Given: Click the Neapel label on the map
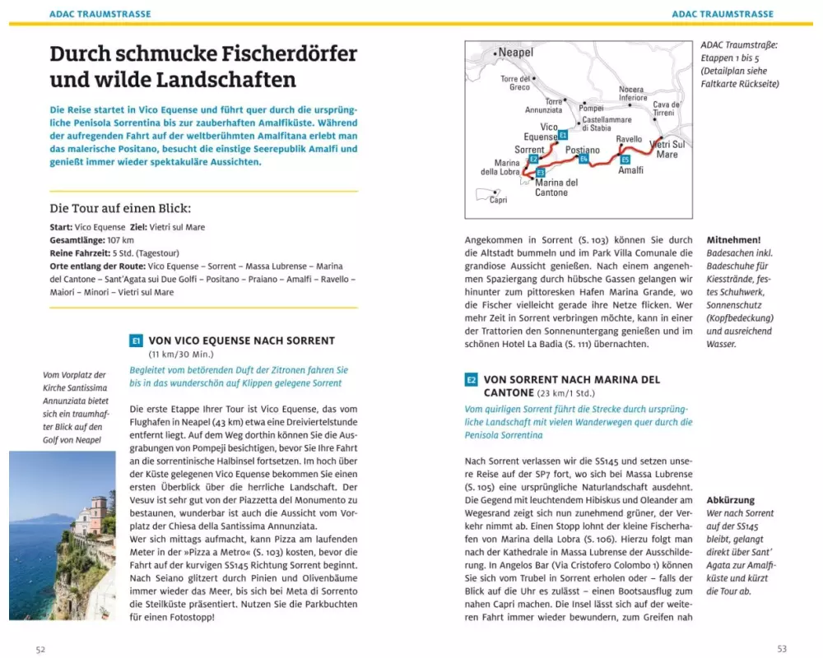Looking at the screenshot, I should tap(515, 53).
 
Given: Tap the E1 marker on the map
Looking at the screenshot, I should tap(562, 135).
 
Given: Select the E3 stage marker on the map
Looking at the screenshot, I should tap(540, 173).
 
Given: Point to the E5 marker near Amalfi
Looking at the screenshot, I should tap(625, 160).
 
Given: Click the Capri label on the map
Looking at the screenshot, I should tap(498, 200).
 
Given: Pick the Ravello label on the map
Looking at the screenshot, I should tap(629, 140).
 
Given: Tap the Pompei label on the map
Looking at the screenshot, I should tap(591, 109).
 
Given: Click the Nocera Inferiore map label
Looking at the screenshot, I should tap(632, 94).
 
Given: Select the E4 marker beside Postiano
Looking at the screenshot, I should tap(584, 159).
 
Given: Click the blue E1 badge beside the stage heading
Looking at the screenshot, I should tap(137, 341).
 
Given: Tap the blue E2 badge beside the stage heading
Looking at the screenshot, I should tap(472, 380).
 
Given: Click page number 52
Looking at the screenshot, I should tap(40, 649).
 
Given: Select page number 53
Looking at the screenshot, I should tap(782, 649).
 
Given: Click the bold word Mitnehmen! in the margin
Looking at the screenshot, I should tap(733, 239).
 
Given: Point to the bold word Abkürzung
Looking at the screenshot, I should tap(730, 499).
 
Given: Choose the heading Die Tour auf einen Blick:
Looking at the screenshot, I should tap(120, 209).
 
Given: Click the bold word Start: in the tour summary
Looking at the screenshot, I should tap(61, 227).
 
